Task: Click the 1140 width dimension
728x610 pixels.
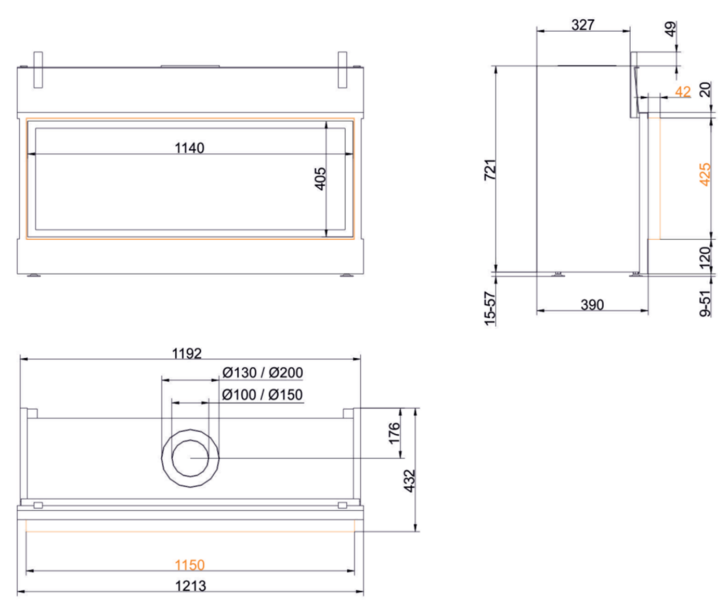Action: coord(189,148)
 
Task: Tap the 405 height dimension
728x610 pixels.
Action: coord(320,179)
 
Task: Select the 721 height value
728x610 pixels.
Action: coord(490,170)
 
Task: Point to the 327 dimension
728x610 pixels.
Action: coord(583,25)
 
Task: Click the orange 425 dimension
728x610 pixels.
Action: coord(705,174)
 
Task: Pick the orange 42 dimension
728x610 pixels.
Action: coord(683,92)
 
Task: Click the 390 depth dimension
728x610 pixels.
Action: coord(592,305)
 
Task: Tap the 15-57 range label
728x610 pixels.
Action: coord(490,309)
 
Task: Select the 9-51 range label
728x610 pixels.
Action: coord(705,303)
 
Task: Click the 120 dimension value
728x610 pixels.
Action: coord(705,257)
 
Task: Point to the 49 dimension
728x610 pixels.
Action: coord(670,29)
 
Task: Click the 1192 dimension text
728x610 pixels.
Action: coord(187,354)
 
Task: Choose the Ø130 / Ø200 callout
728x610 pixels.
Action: coord(263,372)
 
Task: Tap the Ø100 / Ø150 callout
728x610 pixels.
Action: coord(262,395)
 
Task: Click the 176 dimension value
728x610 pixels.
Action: coord(394,433)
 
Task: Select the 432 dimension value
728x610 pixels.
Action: coord(410,481)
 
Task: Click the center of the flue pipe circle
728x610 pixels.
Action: coord(190,458)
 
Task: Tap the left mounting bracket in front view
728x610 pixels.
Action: coord(38,70)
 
